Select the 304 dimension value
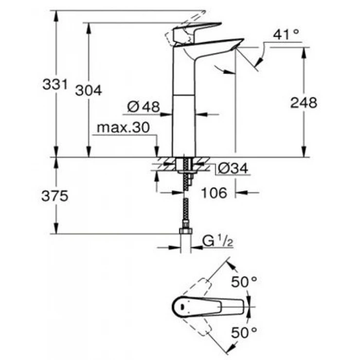(89, 90)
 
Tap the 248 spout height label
(303, 103)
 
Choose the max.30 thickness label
(122, 127)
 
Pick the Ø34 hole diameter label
(232, 168)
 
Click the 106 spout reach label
(214, 193)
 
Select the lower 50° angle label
(244, 333)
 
